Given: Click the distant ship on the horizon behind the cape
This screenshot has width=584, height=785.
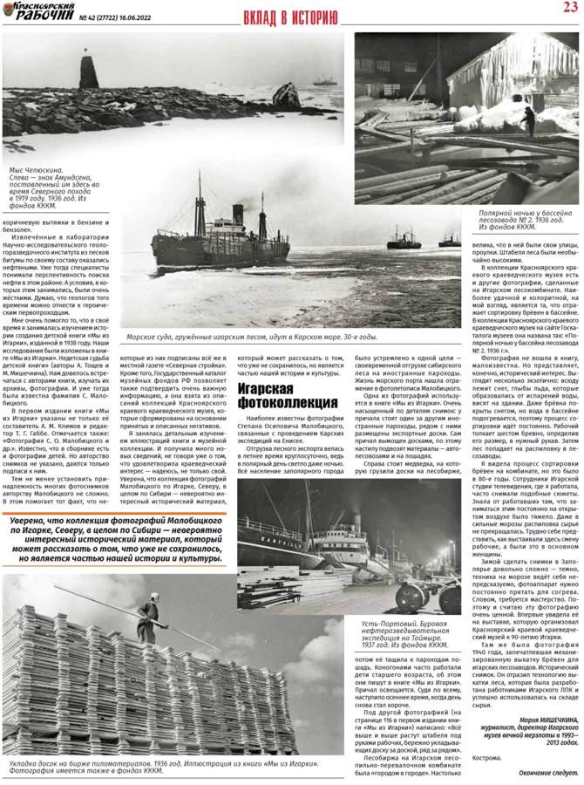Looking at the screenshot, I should click(324, 81).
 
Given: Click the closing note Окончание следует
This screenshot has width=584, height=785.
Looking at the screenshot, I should click(546, 773).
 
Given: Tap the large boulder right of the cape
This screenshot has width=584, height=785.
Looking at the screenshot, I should click(287, 95).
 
